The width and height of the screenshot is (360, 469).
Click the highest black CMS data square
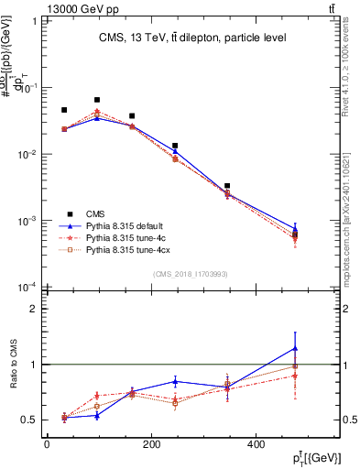click(x=97, y=100)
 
